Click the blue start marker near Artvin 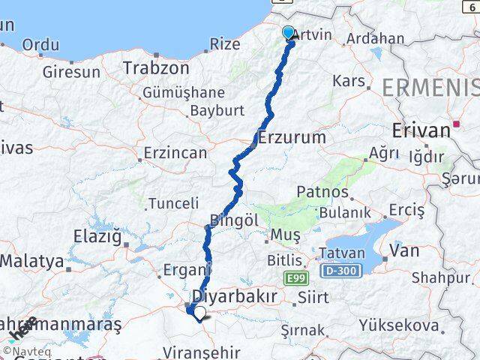[289, 32]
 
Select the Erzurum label [292, 137]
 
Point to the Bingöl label [234, 220]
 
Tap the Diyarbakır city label [235, 295]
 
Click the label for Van [404, 250]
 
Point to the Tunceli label [173, 203]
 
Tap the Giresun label [71, 73]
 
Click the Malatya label [32, 262]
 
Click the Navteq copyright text [27, 349]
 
